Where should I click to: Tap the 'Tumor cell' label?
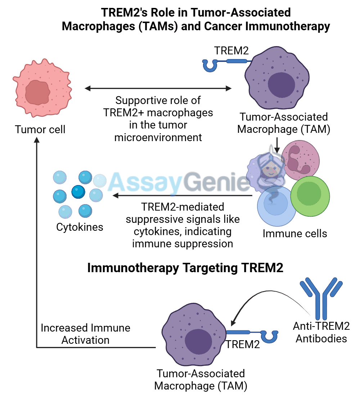coord(40,129)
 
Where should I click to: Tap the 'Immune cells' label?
coord(295,234)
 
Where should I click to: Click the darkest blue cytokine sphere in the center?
coord(78,192)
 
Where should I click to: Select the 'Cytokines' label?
coord(80,227)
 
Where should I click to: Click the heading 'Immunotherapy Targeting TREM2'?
coord(185,268)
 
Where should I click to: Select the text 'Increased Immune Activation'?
coord(85,334)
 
